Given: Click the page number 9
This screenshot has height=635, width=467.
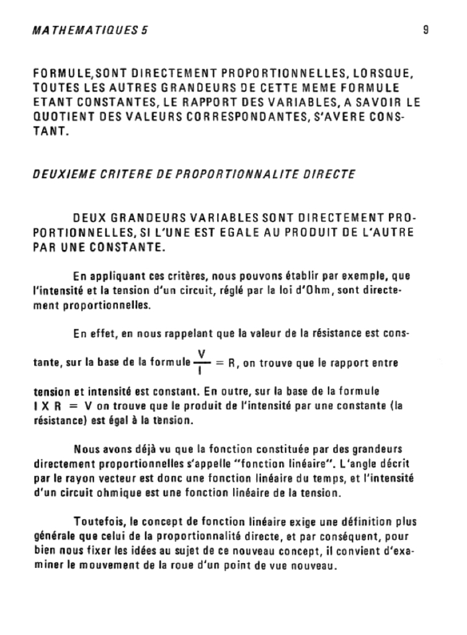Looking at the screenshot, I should (427, 29).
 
